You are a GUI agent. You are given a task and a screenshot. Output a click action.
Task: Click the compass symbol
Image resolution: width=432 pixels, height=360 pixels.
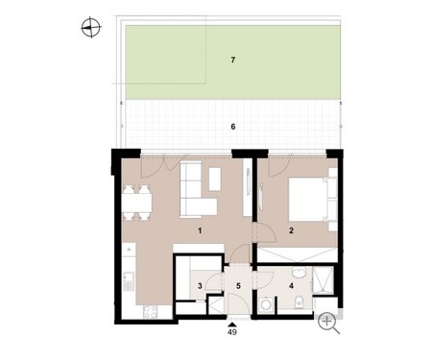(91, 27)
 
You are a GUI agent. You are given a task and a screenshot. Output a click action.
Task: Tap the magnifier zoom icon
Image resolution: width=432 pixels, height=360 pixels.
(328, 324)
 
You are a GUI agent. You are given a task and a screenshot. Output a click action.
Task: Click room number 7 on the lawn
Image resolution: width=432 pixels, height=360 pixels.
(233, 60)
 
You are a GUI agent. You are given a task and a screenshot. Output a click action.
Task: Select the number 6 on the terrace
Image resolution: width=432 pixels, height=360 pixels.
(233, 127)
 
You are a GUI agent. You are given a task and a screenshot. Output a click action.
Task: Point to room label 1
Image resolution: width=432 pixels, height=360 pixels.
(200, 230)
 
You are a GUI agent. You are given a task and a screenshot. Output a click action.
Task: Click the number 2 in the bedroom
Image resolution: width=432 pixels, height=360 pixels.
(291, 230)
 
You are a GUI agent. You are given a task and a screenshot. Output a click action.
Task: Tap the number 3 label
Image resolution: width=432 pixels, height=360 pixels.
(200, 285)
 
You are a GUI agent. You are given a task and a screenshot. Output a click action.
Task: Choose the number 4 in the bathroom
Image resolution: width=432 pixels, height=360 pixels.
(291, 285)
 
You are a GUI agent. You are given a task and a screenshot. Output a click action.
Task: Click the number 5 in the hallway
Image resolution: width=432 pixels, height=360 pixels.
(238, 285)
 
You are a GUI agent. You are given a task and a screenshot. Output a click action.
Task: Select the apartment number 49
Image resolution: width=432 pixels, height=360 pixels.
(232, 332)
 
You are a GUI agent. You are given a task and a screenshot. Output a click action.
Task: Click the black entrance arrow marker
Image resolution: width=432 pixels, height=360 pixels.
(232, 324)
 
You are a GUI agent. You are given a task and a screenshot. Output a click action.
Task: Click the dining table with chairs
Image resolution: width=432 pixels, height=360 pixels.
(137, 203)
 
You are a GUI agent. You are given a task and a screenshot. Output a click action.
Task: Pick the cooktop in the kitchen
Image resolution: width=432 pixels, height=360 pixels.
(150, 312)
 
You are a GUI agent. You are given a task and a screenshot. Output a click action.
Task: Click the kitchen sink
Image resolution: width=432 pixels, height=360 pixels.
(129, 281)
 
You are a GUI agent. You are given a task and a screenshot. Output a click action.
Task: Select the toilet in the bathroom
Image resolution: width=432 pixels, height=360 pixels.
(300, 301)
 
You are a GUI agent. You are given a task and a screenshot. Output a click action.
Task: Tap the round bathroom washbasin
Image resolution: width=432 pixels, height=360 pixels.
(299, 273)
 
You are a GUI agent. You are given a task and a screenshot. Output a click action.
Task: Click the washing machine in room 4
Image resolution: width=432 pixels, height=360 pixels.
(266, 304)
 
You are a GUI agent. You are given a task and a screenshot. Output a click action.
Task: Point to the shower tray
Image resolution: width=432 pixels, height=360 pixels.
(323, 280)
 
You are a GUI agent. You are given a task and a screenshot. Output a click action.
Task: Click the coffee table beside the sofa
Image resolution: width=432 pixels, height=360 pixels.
(215, 179)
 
